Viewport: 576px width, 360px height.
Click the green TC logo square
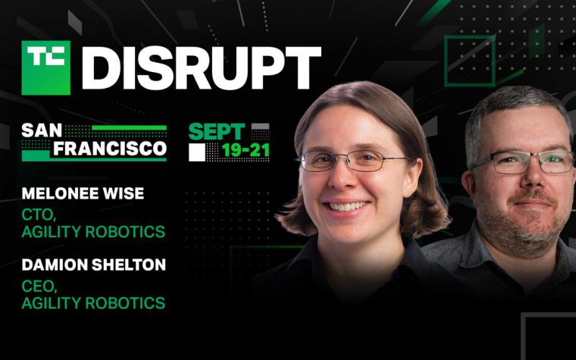coord(46,67)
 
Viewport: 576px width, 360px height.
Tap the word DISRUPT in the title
coord(202,68)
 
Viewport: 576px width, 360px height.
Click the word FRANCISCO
coord(110,149)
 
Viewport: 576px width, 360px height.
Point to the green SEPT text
coord(216,132)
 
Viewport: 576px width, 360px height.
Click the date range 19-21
coord(246,150)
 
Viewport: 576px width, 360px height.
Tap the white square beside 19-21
coord(197,152)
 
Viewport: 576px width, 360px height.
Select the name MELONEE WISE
coord(83,193)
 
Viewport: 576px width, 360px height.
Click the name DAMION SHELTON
coord(94,265)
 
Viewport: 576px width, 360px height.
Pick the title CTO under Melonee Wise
coord(39,215)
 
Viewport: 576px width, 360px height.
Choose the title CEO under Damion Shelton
coord(39,286)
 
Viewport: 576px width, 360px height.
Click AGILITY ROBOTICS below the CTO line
coord(93,232)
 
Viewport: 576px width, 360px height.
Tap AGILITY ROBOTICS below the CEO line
coord(93,303)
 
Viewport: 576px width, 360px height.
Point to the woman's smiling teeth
coord(347,206)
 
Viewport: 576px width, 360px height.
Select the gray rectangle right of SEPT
coord(261,127)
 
